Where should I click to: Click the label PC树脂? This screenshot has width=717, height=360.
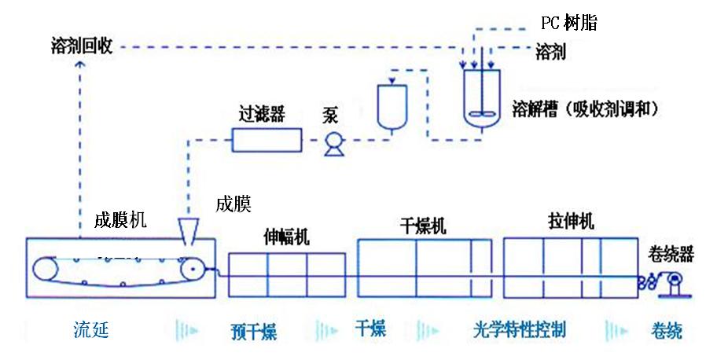tap(569, 23)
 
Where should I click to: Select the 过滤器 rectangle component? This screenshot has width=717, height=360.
tap(268, 140)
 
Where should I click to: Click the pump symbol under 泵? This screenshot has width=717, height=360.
tap(331, 142)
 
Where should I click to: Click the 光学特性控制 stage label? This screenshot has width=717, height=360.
tap(520, 329)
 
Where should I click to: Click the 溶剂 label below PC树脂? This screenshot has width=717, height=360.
tap(550, 53)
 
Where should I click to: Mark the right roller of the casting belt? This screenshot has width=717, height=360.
tap(193, 269)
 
